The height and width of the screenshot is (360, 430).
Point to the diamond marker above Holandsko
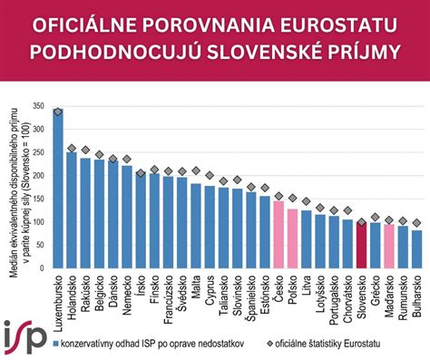coord(73,149)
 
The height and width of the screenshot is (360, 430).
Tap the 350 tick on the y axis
coord(37,107)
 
